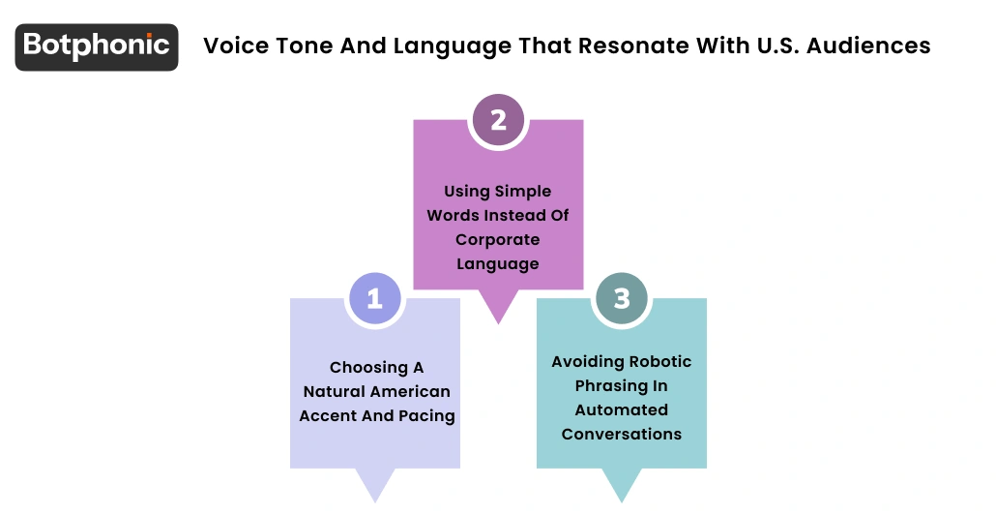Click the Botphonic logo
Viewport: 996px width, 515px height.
(x=97, y=46)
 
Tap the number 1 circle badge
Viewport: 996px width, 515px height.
(x=374, y=298)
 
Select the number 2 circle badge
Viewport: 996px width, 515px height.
(x=498, y=120)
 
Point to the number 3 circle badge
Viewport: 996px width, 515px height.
(x=622, y=298)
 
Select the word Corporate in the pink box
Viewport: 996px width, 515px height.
(x=498, y=239)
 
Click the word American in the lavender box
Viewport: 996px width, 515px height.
(x=406, y=391)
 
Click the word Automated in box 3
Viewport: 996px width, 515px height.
(x=622, y=409)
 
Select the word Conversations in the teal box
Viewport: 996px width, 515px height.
(x=622, y=434)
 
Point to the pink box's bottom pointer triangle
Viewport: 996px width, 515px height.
(x=498, y=307)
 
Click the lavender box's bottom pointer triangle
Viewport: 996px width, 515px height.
(x=374, y=485)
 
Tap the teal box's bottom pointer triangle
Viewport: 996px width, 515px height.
(x=622, y=485)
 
